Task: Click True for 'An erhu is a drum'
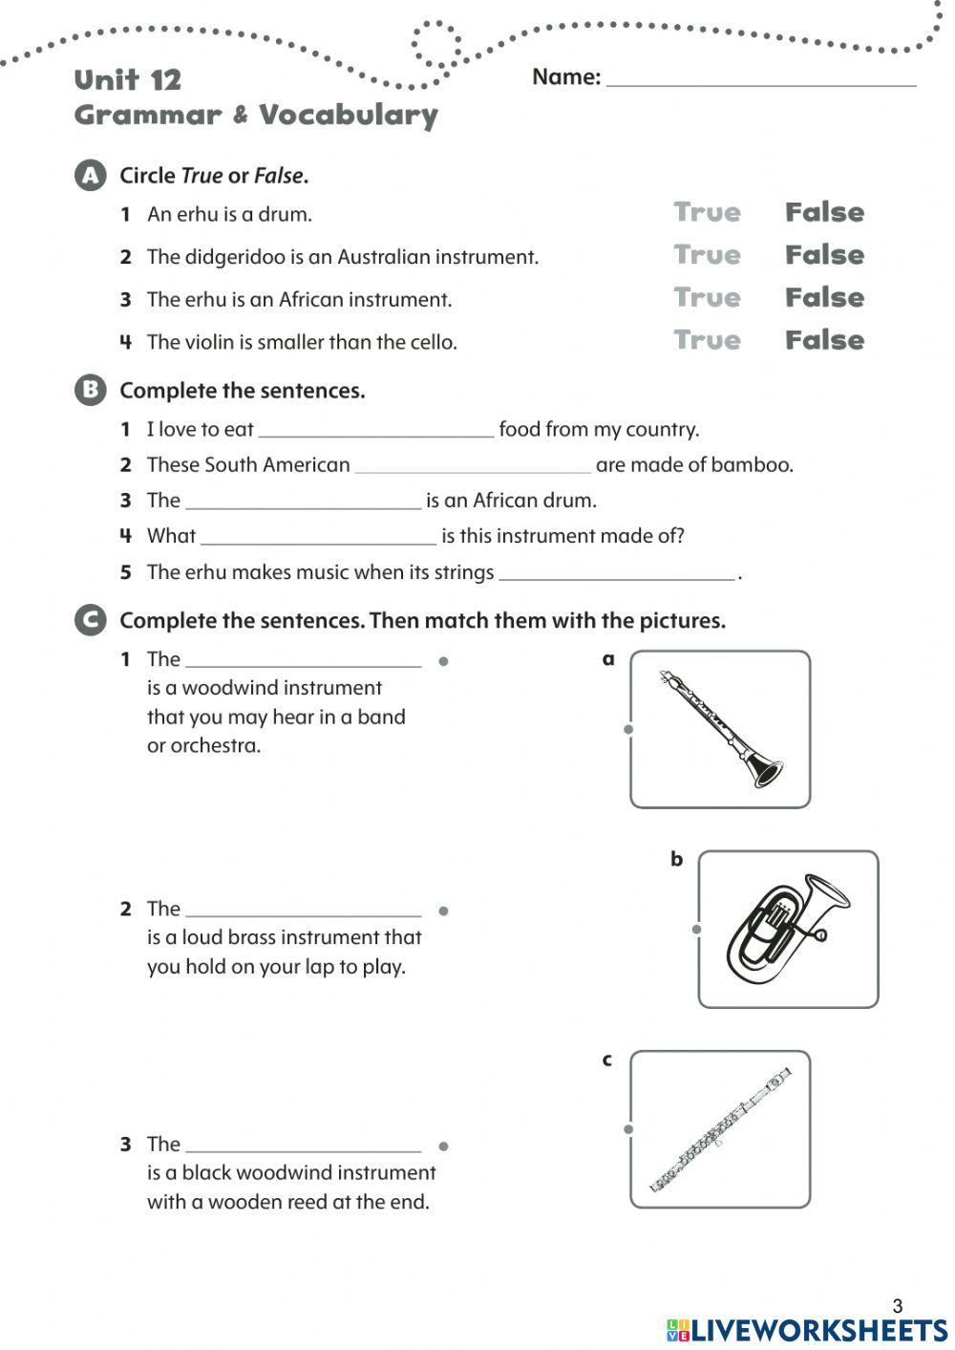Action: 707,212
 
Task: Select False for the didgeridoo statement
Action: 824,255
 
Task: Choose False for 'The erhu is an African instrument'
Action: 824,297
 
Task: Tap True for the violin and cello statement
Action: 707,340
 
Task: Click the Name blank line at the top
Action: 761,78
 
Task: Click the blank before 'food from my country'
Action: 376,429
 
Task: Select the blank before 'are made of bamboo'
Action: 473,464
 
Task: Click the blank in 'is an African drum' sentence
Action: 303,501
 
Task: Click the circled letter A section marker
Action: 90,176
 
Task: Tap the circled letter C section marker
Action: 90,620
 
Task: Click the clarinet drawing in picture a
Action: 721,729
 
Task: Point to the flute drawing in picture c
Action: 721,1130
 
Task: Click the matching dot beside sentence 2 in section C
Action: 444,911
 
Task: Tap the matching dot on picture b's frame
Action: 697,929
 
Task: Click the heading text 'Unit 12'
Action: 127,80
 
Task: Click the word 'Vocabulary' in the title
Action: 349,116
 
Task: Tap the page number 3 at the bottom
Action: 897,1305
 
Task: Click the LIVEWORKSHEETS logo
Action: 807,1330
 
